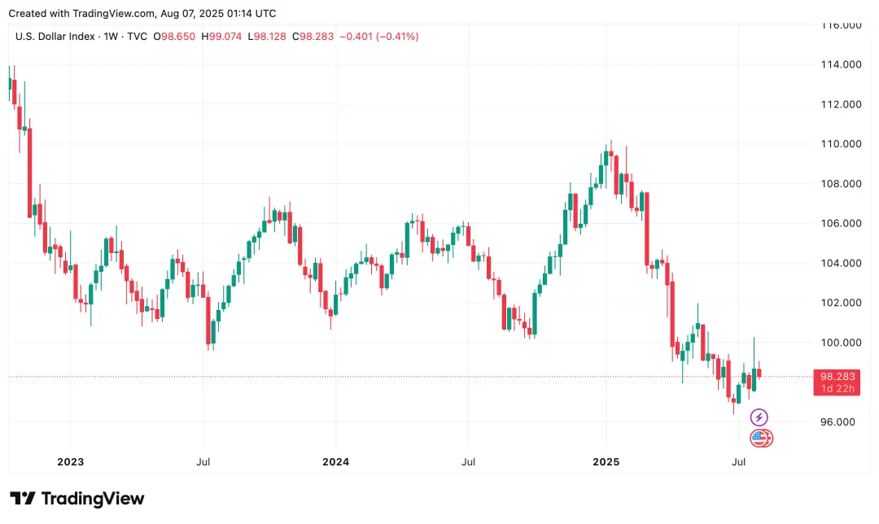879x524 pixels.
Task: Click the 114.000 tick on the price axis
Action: [839, 65]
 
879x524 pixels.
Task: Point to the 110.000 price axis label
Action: [839, 144]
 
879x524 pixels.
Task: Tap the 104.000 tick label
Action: [839, 264]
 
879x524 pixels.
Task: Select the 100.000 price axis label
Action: [839, 343]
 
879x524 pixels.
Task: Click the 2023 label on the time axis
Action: [71, 462]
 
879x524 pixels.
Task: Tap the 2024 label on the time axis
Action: [335, 462]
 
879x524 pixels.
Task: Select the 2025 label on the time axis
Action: [606, 462]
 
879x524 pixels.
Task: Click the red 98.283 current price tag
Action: [836, 377]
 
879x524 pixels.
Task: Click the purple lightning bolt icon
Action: [759, 418]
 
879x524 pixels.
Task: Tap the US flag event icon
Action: [759, 439]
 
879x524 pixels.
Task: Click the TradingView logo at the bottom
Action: [77, 499]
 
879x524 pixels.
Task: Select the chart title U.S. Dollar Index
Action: [54, 37]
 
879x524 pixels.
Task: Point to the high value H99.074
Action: [221, 37]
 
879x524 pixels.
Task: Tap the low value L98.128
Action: [267, 37]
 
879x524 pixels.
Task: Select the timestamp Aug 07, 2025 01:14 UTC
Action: [218, 13]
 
